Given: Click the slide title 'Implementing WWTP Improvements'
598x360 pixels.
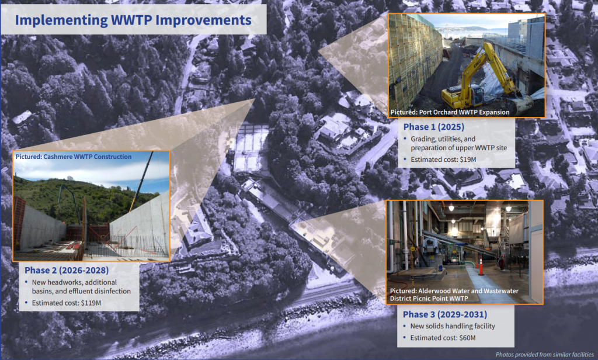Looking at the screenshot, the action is click(133, 20).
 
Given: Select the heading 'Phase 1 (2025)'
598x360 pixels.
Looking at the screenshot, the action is click(434, 127).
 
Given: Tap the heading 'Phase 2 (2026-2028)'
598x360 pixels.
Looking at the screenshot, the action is click(67, 270).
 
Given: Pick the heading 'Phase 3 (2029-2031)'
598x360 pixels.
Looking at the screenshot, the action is click(444, 314).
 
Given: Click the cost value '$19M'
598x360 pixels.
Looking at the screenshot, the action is click(468, 160).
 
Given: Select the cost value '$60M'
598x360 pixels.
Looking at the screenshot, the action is click(467, 338).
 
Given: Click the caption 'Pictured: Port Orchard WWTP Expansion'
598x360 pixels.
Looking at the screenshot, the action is click(450, 112).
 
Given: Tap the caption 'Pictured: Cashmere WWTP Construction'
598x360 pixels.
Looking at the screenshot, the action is click(73, 157).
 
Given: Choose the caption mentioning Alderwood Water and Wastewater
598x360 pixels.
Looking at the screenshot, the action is click(454, 295).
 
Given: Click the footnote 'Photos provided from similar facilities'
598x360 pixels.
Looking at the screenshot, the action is click(545, 355).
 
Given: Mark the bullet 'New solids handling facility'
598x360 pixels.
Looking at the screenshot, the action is click(453, 326).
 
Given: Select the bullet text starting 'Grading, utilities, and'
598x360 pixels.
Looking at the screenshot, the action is click(459, 143).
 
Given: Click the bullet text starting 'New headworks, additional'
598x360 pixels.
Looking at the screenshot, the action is click(81, 287).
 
